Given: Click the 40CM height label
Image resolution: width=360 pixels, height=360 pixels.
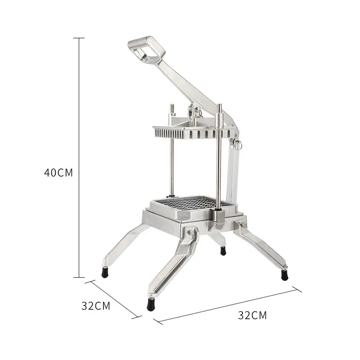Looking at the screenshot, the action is click(x=58, y=173).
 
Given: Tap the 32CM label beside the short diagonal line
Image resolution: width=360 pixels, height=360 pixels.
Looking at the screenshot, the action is click(x=96, y=306).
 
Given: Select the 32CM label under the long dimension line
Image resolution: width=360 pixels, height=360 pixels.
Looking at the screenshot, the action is click(x=252, y=315).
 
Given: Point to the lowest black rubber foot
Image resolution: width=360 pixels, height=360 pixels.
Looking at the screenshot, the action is click(x=151, y=305).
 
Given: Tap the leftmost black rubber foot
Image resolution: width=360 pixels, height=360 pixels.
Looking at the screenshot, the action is click(x=105, y=272).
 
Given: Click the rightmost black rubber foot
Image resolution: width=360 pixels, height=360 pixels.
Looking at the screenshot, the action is click(x=284, y=275).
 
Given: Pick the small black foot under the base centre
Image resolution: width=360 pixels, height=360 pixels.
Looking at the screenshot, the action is click(x=223, y=251).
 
